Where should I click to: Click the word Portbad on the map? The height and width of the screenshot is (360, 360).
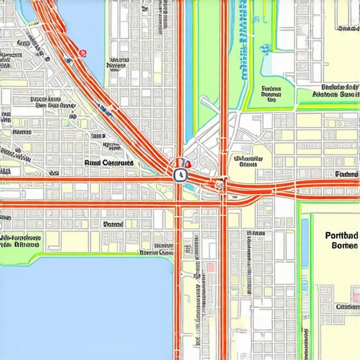[342, 236]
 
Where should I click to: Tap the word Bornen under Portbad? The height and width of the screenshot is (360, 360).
[342, 246]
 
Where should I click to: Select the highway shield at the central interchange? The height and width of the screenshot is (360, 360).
[180, 174]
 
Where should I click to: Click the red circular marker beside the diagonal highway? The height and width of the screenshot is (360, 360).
[83, 53]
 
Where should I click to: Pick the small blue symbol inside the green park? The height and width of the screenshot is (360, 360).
[266, 49]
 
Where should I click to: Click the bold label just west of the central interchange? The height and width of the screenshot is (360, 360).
[108, 163]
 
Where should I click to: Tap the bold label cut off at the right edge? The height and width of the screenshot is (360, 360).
[347, 174]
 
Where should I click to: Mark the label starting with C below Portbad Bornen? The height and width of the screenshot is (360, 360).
[347, 307]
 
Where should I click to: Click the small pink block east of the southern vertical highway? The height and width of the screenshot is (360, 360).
[209, 269]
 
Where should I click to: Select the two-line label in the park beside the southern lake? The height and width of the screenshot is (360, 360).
[21, 241]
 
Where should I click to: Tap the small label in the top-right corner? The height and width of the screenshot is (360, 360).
[347, 30]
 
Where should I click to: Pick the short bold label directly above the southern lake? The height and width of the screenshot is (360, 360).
[112, 224]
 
